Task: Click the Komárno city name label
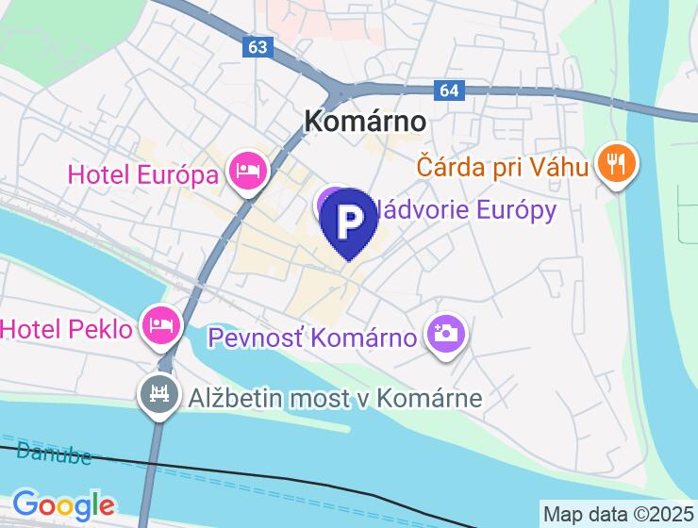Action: click(x=365, y=121)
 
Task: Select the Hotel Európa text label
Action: click(x=144, y=173)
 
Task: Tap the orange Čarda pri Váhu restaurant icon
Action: click(x=617, y=165)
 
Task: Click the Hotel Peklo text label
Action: click(x=66, y=329)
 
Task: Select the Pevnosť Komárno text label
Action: click(x=312, y=337)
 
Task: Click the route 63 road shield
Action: click(x=259, y=46)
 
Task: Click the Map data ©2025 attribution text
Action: click(x=618, y=515)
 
